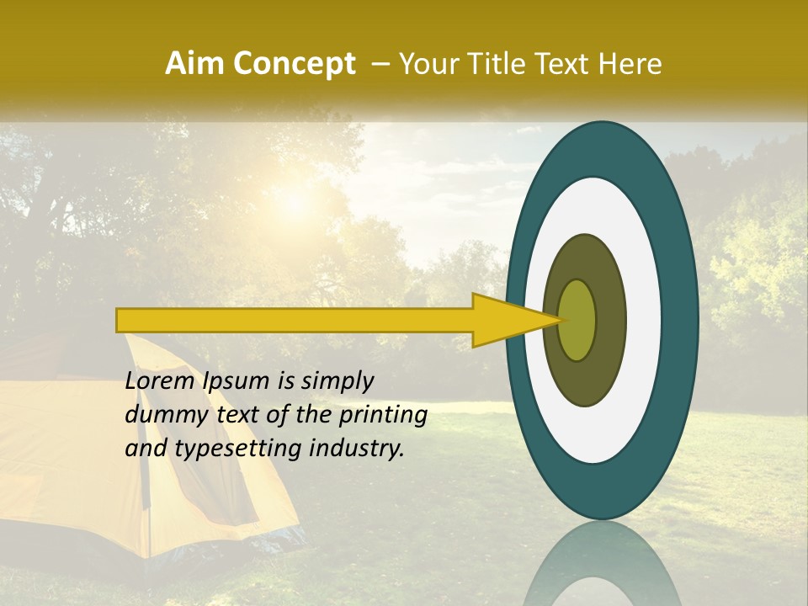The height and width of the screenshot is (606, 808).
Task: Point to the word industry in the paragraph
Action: tap(357, 449)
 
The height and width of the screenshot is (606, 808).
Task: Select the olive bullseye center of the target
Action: tap(577, 320)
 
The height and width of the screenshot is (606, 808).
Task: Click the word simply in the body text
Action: tap(337, 381)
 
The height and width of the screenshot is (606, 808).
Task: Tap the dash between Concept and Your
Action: tap(380, 64)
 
